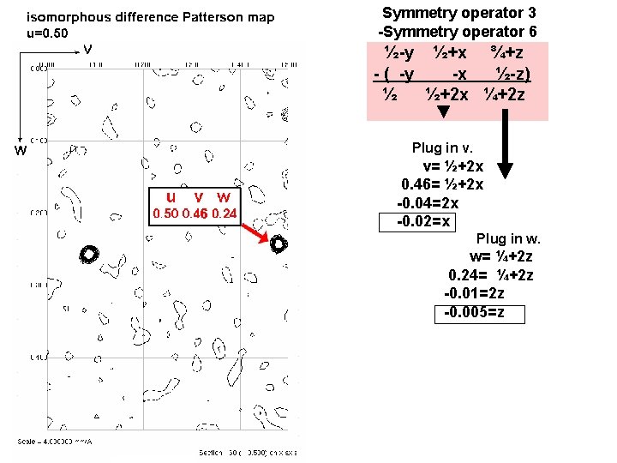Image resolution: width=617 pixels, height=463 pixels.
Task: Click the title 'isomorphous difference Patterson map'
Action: click(x=151, y=17)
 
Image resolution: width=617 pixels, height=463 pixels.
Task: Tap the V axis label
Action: click(x=88, y=49)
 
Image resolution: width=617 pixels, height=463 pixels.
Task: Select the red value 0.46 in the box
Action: click(x=196, y=213)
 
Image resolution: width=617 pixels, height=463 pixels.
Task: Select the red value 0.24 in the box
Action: click(x=225, y=213)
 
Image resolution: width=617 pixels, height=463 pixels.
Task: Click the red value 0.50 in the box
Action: click(x=165, y=213)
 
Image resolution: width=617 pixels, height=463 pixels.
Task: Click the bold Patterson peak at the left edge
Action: click(x=88, y=254)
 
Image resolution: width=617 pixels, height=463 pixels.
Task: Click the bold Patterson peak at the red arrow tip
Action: click(x=278, y=244)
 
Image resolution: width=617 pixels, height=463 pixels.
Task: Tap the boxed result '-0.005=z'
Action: click(x=482, y=312)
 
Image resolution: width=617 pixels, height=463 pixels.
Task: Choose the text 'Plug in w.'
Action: click(x=509, y=238)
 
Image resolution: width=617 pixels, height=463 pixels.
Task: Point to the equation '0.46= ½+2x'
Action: click(x=442, y=184)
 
